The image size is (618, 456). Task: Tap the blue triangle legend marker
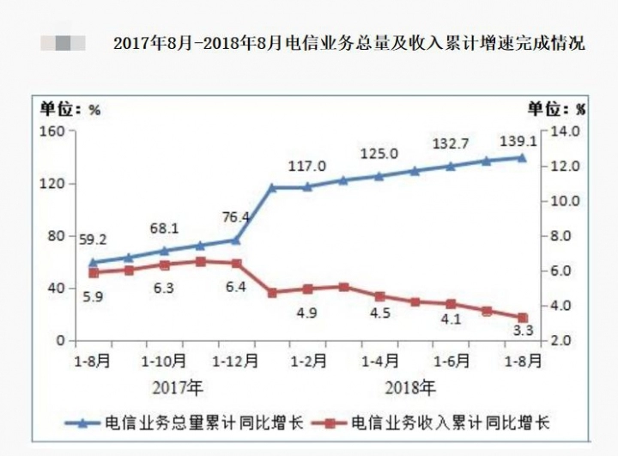pos(82,423)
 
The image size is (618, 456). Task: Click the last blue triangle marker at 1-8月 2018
pos(521,157)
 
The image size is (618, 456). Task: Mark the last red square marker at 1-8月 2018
pos(521,318)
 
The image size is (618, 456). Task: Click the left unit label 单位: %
pos(68,109)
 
